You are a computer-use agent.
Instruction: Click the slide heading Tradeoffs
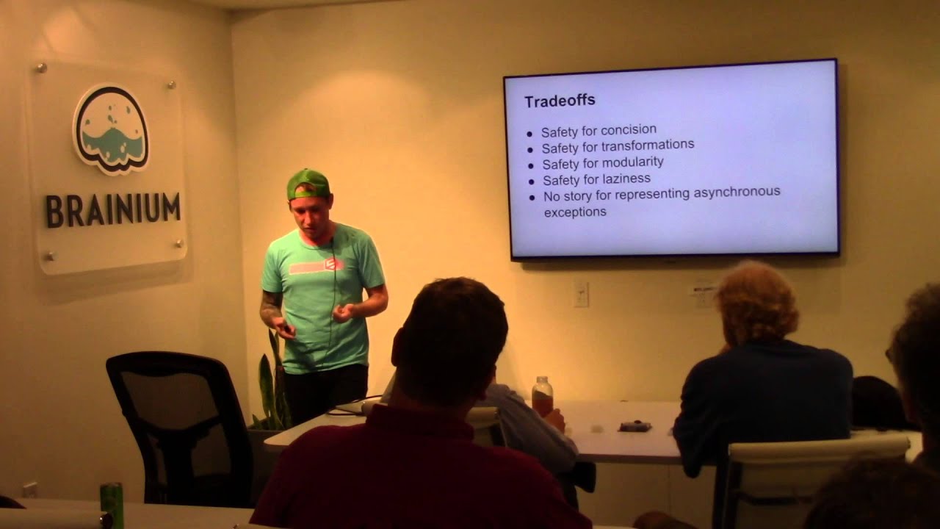560,101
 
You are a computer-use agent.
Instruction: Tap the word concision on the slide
629,131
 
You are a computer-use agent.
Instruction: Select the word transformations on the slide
648,145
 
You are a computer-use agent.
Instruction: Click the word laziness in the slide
625,179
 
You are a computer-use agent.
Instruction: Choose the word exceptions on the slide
575,212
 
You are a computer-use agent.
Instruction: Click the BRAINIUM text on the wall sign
112,211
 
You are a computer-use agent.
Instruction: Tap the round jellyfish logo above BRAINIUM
111,129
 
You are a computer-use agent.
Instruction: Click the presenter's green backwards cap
307,183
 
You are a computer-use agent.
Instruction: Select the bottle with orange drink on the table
542,397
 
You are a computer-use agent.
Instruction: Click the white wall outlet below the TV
581,294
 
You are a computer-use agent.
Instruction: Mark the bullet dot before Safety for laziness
531,181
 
